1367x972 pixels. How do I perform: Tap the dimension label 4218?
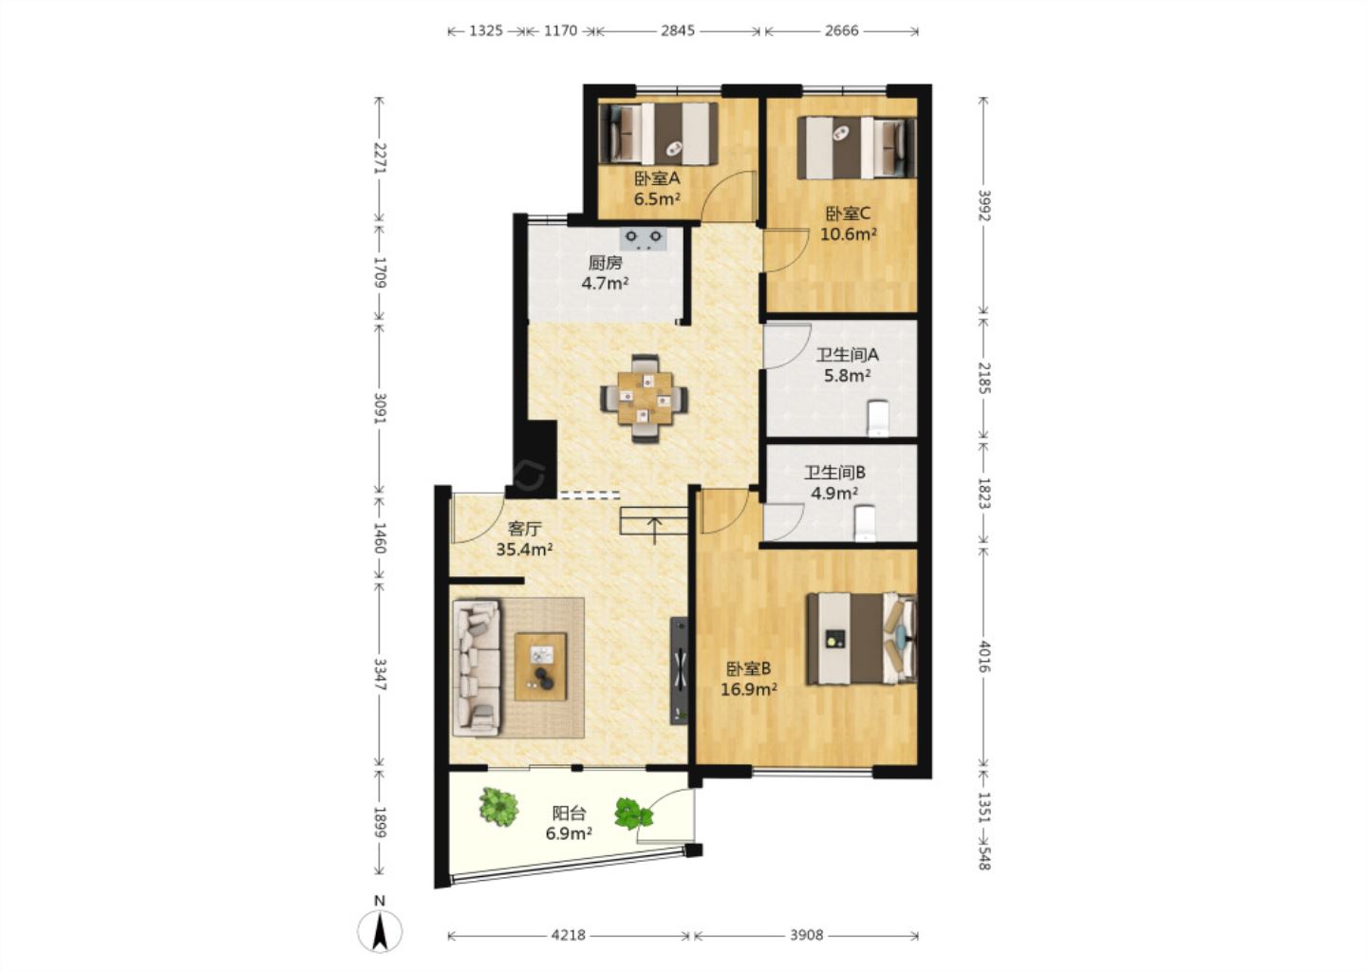[568, 935]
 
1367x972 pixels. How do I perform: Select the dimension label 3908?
[806, 935]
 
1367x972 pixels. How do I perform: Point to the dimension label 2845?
[678, 30]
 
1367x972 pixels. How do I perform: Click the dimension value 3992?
[983, 206]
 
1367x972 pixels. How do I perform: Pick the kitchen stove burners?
[644, 238]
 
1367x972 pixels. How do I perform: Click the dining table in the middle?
[645, 398]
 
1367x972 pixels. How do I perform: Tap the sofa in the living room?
[477, 667]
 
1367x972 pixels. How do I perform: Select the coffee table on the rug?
[541, 666]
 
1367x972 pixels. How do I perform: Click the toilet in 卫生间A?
[877, 418]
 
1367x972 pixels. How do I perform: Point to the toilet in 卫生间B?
[865, 523]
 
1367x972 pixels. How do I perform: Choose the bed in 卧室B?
[862, 638]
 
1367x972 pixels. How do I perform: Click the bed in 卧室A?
[659, 133]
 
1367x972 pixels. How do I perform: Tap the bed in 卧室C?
[857, 148]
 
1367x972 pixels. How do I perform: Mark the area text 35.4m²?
[524, 550]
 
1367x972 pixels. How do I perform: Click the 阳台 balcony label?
[569, 813]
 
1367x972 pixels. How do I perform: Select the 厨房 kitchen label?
[605, 263]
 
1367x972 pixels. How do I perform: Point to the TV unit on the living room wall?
[680, 670]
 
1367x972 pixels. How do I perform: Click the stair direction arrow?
[654, 531]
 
